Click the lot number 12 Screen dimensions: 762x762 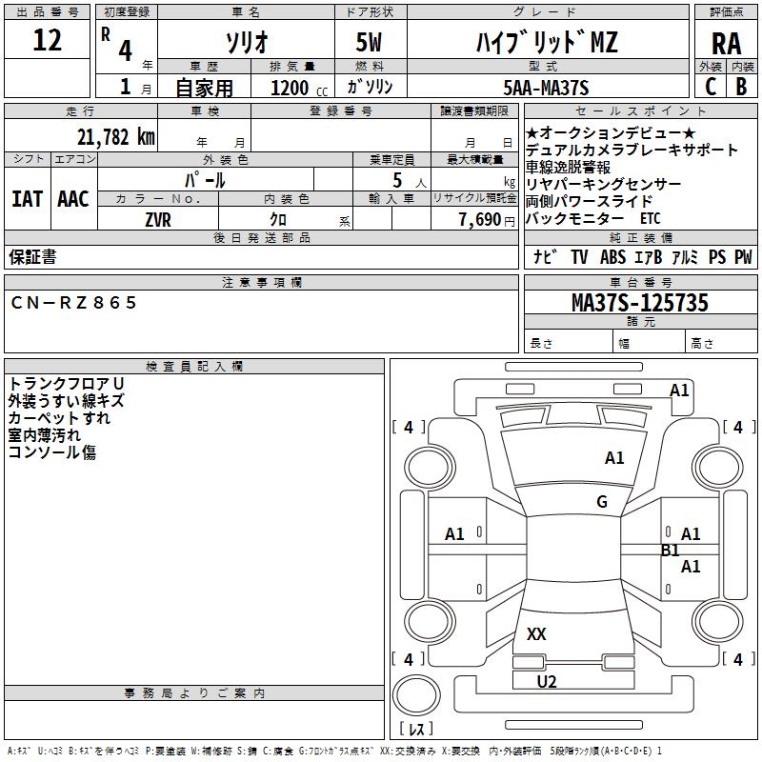(47, 41)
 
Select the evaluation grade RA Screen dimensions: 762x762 (726, 43)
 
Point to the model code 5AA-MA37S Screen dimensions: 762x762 (547, 88)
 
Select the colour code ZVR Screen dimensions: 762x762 (158, 219)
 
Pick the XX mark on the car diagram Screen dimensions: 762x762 (536, 633)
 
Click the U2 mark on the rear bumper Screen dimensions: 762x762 (546, 681)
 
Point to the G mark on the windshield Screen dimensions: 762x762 (602, 502)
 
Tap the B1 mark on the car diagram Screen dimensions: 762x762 (670, 550)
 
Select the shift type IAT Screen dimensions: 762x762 (27, 199)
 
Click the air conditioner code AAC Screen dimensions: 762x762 (73, 199)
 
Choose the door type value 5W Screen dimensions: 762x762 (369, 43)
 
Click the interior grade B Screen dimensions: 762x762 (741, 87)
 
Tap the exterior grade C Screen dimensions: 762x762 (711, 87)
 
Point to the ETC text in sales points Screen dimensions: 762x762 (650, 218)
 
